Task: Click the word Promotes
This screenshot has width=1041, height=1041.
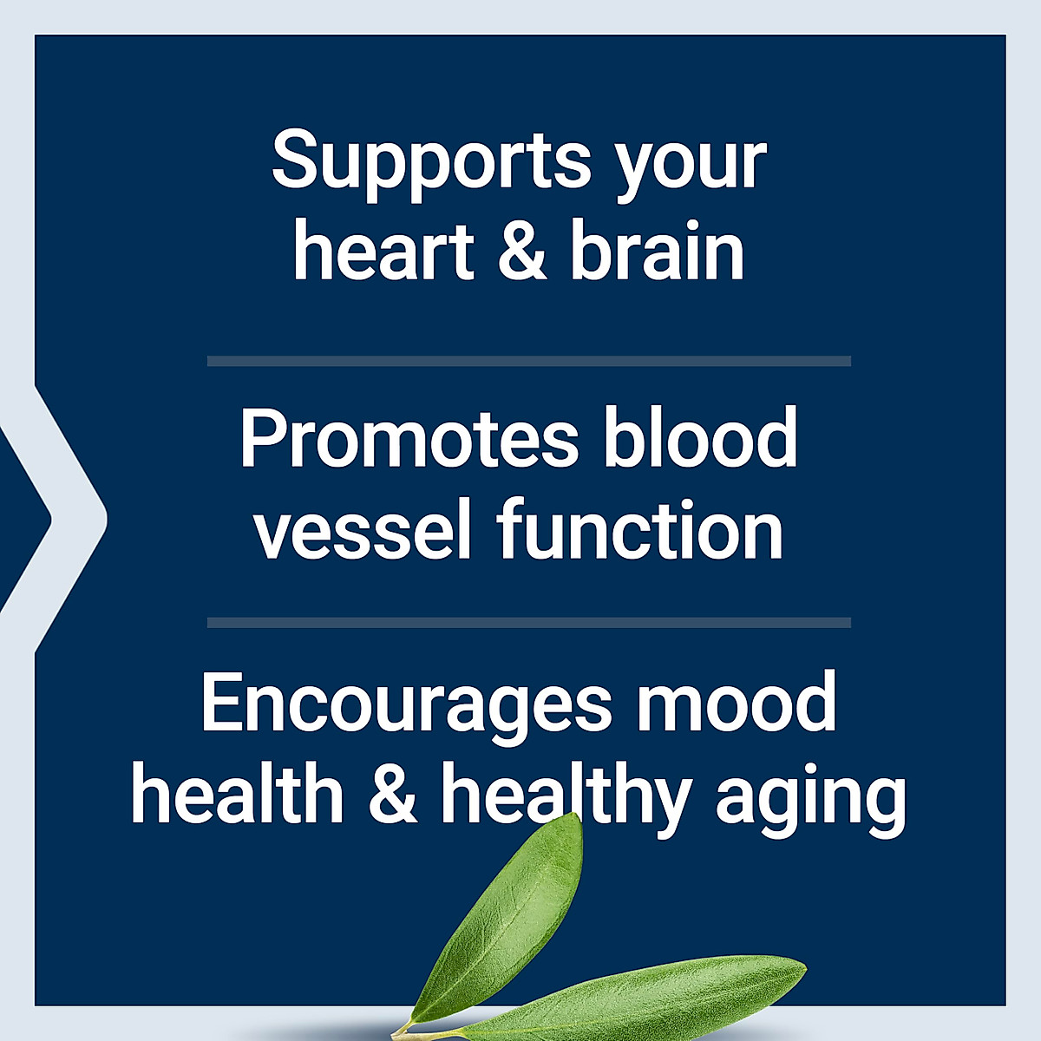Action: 409,438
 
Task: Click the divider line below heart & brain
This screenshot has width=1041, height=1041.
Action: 528,361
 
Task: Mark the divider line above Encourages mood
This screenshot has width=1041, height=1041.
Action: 528,622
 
